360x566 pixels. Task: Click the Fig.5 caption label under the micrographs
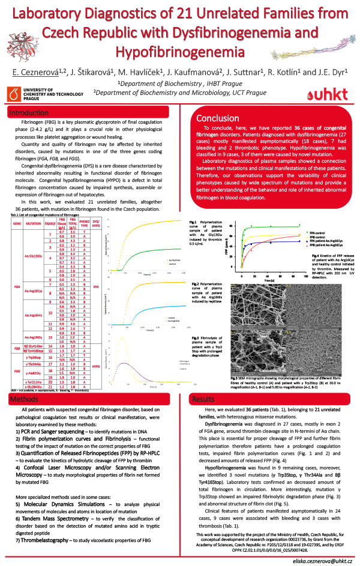click(x=236, y=361)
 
